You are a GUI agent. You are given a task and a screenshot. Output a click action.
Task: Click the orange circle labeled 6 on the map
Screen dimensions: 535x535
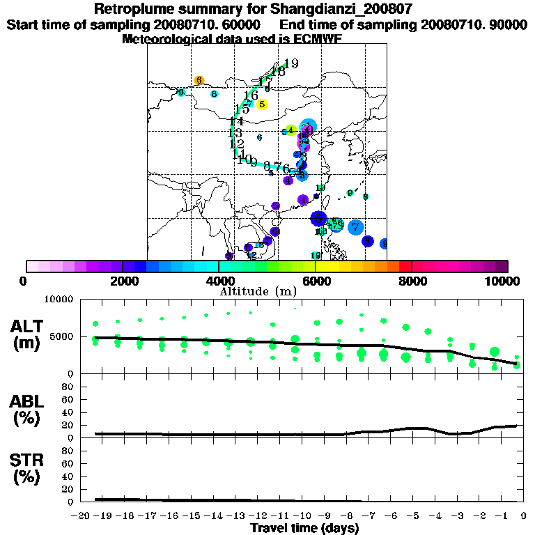point(199,80)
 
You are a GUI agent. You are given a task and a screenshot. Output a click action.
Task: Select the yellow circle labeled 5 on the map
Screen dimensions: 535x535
point(262,104)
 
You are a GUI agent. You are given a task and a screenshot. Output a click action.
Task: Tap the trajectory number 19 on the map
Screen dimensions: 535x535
point(291,64)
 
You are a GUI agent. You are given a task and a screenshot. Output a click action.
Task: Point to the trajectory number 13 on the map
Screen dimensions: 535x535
point(235,133)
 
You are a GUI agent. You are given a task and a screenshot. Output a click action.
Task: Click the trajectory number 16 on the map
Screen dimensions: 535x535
point(251,95)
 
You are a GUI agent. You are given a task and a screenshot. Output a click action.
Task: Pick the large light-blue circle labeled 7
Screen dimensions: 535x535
point(355,226)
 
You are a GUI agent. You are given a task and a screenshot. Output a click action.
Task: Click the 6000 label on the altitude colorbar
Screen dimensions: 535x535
point(316,281)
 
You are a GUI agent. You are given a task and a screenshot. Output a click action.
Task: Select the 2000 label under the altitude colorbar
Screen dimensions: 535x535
point(123,281)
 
